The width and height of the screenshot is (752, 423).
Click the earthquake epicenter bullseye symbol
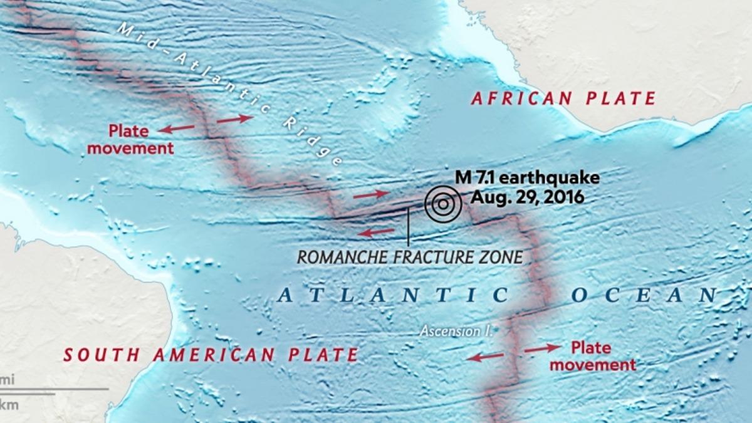pos(442,203)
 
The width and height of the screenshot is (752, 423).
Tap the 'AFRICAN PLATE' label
pos(563,98)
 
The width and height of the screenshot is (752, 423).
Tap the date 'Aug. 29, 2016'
pos(528,197)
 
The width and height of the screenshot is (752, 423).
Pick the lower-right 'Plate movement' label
pos(595,355)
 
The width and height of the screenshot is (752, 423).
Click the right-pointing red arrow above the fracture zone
pos(371,195)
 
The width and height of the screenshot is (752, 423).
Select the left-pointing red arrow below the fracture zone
pos(376,232)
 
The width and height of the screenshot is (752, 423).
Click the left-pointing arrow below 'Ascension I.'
pos(485,357)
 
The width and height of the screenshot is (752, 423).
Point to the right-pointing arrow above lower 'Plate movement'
pos(543,347)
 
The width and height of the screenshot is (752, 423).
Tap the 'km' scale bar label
pos(9,404)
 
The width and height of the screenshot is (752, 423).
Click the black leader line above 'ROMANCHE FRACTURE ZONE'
pos(408,227)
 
